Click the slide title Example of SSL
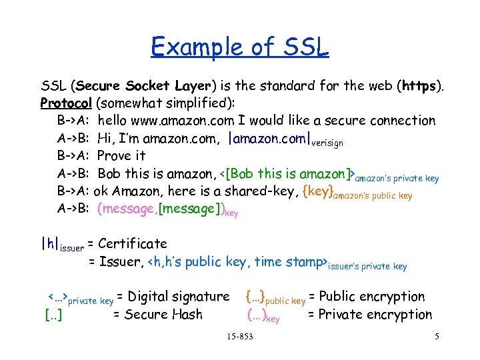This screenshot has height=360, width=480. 240,47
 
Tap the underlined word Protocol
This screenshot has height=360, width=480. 67,103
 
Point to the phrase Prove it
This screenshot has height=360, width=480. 121,156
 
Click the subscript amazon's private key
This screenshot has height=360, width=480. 397,179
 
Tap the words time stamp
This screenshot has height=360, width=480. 289,261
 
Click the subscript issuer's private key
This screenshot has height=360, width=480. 367,267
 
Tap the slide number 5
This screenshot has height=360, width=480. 437,337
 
